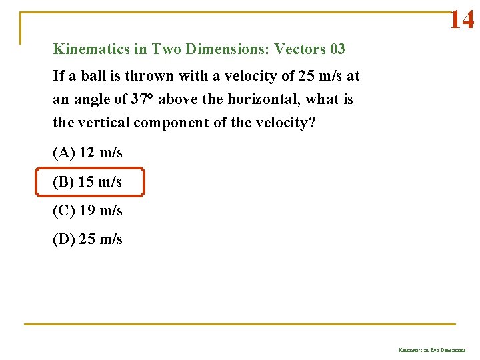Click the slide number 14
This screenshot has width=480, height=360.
pos(461,20)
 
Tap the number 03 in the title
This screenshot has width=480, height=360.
pos(337,49)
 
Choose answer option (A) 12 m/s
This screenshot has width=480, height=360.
pos(87,153)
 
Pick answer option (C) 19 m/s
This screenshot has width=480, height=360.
pos(87,211)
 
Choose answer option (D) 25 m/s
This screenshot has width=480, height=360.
pos(87,239)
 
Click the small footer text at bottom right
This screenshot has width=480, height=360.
pos(433,349)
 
